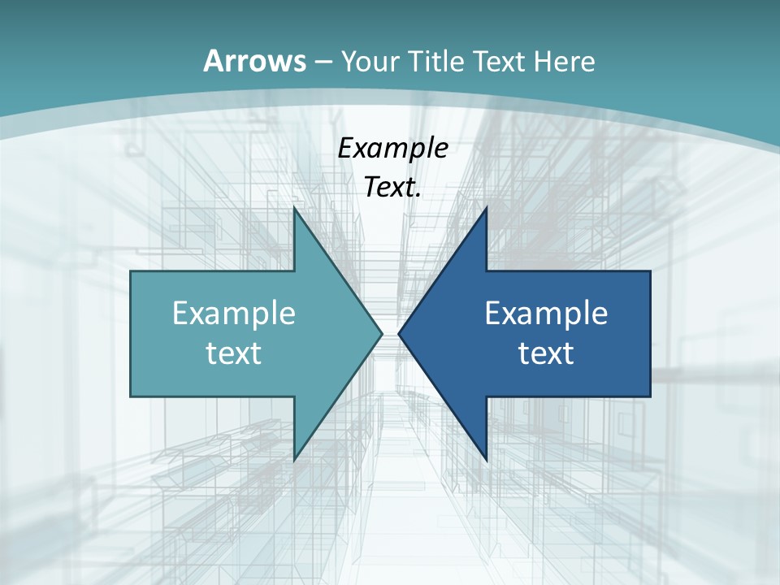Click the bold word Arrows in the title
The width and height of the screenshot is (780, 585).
pos(254,61)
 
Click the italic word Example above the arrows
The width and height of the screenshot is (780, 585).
pos(393,148)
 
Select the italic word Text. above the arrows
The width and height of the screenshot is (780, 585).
pos(393,187)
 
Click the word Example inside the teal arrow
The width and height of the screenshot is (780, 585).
pos(234,313)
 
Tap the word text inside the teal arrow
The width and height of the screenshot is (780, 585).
pos(234,353)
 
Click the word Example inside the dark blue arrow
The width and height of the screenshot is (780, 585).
pos(546,313)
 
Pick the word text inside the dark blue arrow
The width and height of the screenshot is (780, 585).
pos(546,353)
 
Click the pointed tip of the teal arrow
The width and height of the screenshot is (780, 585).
pos(381,333)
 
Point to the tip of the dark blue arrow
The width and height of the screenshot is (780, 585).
pos(399,333)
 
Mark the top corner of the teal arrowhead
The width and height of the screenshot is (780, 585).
pos(294,208)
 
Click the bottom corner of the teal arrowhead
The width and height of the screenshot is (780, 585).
pos(294,460)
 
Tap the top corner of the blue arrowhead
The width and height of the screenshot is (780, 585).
pos(486,208)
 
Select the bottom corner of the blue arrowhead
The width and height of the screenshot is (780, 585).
pos(486,460)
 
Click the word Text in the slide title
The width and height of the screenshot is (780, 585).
pos(500,61)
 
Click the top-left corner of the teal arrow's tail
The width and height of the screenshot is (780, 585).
pos(132,272)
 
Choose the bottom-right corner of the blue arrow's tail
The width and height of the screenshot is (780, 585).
pos(649,396)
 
